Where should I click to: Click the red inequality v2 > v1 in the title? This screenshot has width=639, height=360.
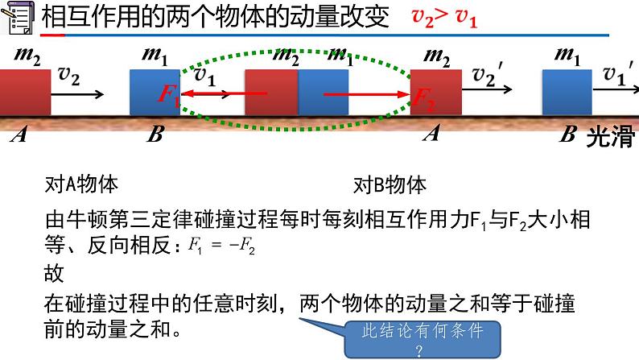click(444, 18)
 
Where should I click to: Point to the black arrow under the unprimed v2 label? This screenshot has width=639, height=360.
click(78, 94)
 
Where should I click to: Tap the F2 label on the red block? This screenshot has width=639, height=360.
click(423, 95)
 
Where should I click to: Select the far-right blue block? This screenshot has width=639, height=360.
click(567, 93)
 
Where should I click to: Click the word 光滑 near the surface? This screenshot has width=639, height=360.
click(611, 137)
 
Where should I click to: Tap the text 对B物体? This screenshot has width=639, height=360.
click(389, 184)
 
